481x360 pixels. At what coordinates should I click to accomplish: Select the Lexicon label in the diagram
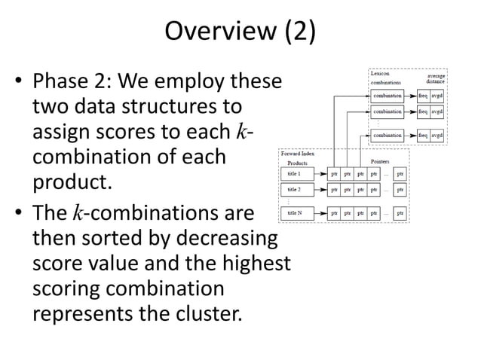381,74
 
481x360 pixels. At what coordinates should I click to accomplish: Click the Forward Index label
298,154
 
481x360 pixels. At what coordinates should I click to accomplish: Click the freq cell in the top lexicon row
423,96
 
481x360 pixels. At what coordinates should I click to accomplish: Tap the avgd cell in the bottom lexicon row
437,135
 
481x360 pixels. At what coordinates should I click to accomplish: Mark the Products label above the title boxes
299,162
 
